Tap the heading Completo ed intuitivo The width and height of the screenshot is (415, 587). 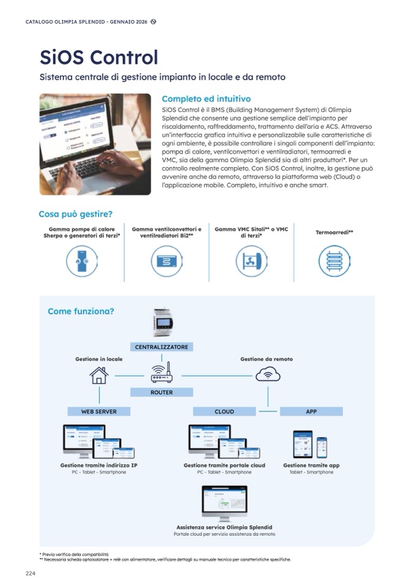pos(206,99)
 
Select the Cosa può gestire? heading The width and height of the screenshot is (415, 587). pos(75,214)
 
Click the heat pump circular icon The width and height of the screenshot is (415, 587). pos(83,261)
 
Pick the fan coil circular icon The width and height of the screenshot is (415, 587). pos(166,261)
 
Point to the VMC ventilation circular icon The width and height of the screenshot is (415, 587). pos(252,261)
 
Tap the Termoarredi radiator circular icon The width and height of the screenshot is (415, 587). pos(335,261)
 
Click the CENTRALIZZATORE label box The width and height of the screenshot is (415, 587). pos(162,347)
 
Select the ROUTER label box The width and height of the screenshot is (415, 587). pos(162,392)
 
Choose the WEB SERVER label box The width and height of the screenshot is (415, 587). pos(99,411)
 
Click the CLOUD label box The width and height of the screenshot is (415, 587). pos(224,411)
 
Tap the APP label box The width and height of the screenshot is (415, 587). pos(311,411)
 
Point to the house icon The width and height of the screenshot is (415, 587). pos(99,375)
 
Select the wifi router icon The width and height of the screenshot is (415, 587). pos(162,373)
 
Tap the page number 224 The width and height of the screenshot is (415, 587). pos(31,573)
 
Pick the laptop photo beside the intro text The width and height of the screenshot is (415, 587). pos(95,144)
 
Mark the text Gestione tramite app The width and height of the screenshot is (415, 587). pos(311,465)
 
